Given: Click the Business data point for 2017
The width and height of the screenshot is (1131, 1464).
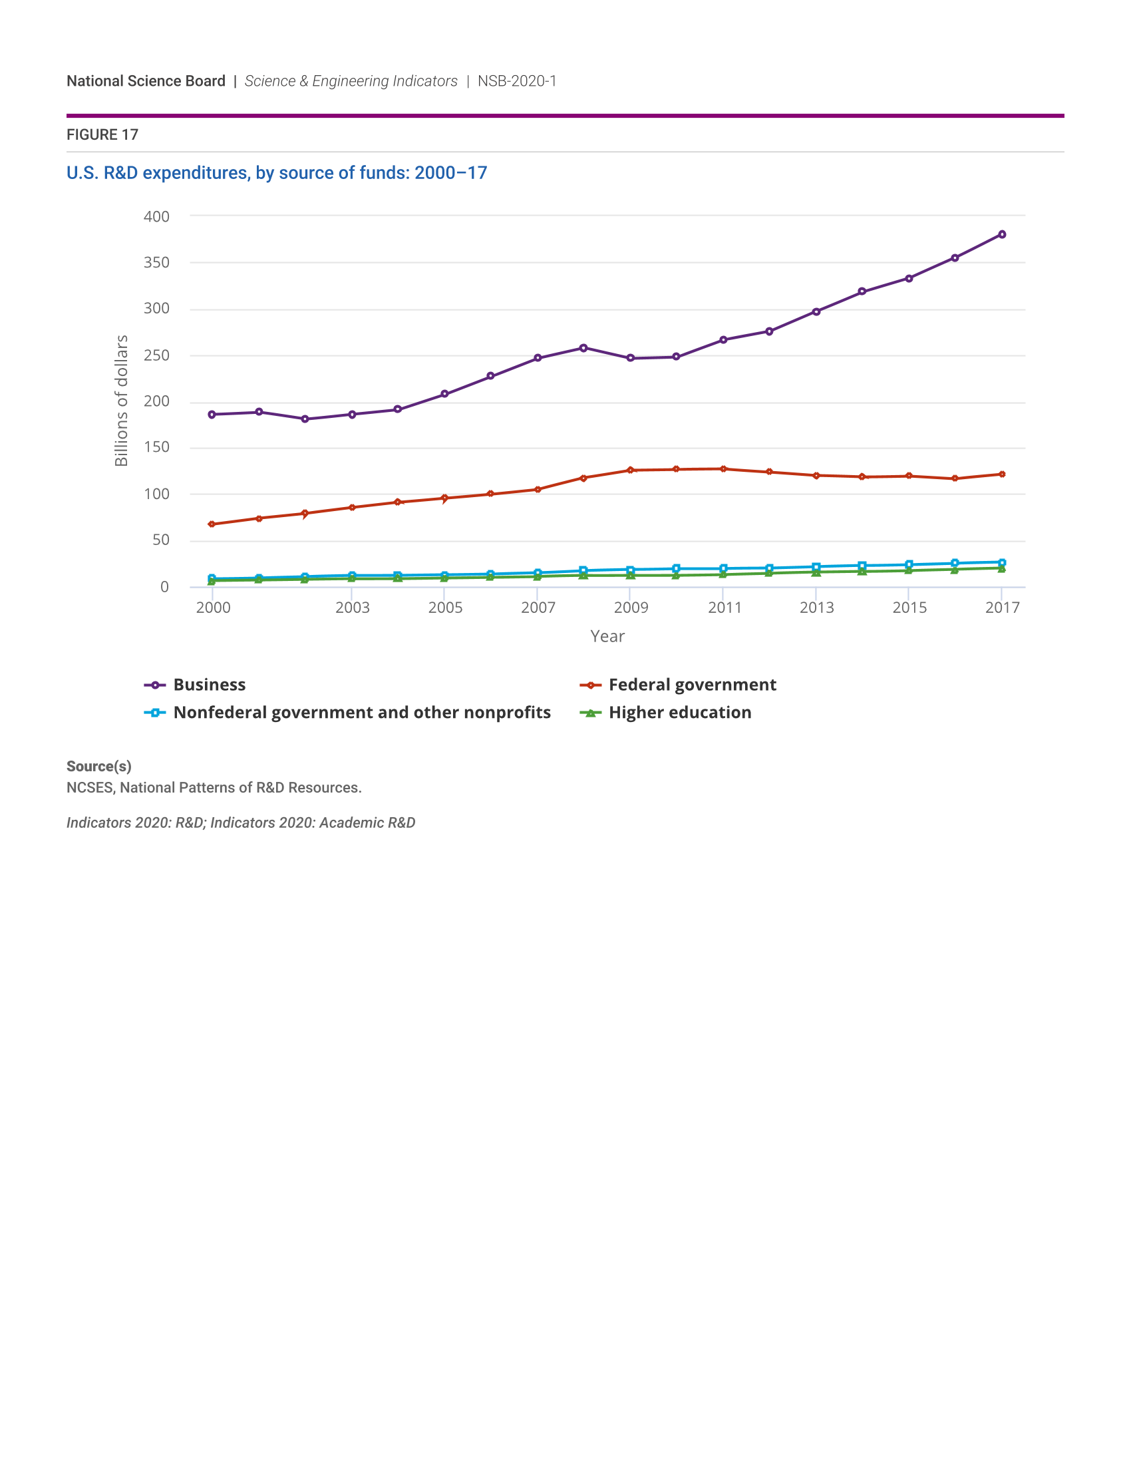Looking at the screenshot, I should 1002,235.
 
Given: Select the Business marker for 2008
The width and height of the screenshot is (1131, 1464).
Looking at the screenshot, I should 583,348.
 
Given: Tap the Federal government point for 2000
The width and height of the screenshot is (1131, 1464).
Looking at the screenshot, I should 212,524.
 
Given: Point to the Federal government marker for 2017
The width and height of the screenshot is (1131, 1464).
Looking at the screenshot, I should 1002,474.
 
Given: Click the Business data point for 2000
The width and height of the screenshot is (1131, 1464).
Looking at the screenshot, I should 212,415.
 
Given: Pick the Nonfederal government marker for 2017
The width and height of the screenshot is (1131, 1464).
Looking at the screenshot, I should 1002,562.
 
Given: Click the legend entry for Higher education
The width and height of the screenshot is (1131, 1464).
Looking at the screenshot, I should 679,713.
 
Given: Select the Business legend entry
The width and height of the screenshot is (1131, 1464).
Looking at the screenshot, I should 209,685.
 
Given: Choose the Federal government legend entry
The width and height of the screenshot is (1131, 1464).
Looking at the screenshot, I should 691,685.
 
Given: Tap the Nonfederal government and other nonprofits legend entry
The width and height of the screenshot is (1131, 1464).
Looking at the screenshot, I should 361,713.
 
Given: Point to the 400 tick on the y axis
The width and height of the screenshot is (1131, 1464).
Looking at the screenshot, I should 156,216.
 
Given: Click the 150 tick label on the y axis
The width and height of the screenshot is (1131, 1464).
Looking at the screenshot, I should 156,447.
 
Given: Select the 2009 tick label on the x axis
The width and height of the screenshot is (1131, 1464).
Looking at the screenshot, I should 631,608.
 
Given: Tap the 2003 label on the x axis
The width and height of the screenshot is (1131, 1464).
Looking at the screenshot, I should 353,608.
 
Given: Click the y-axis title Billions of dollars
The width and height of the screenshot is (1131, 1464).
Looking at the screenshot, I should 121,401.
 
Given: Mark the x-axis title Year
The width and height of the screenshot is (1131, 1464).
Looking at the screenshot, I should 607,636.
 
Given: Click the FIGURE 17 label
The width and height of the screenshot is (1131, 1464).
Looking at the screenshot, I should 102,134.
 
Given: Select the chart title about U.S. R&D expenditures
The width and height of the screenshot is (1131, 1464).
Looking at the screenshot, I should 277,173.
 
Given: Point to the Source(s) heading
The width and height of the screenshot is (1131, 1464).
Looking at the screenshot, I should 98,766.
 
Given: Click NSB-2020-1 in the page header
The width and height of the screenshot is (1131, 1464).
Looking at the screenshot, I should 516,81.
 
